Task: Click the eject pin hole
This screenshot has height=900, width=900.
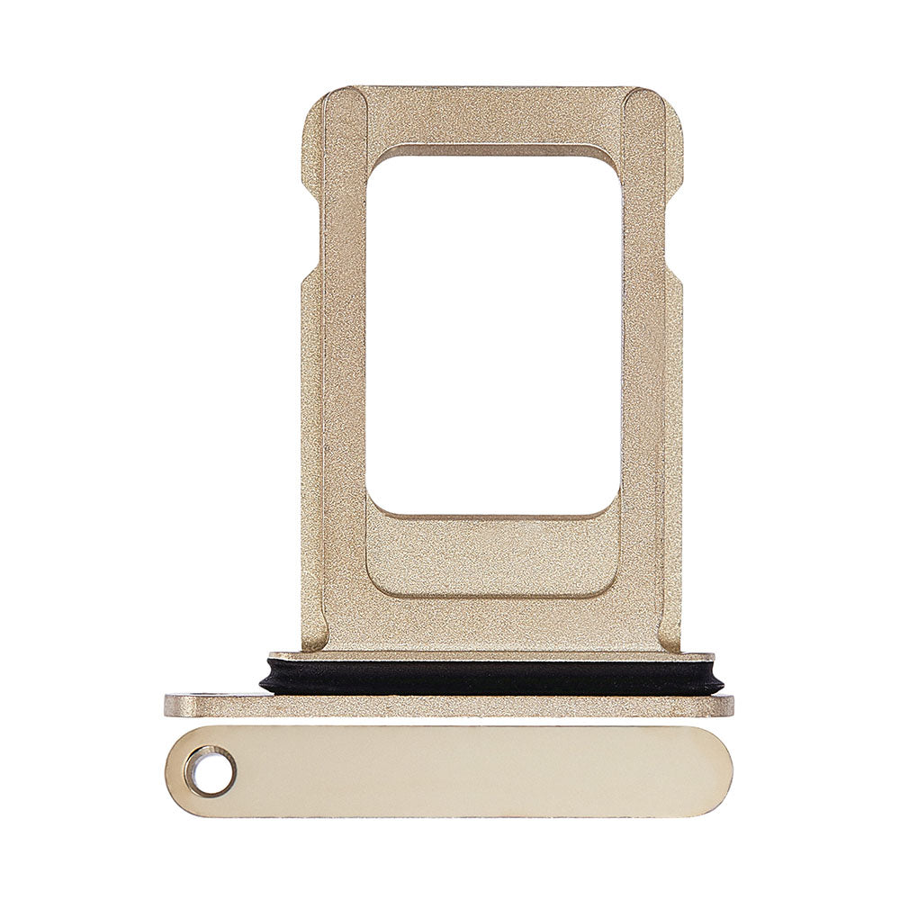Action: click(210, 772)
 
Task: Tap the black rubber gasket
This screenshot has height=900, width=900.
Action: click(490, 677)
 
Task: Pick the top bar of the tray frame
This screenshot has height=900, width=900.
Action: click(492, 115)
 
